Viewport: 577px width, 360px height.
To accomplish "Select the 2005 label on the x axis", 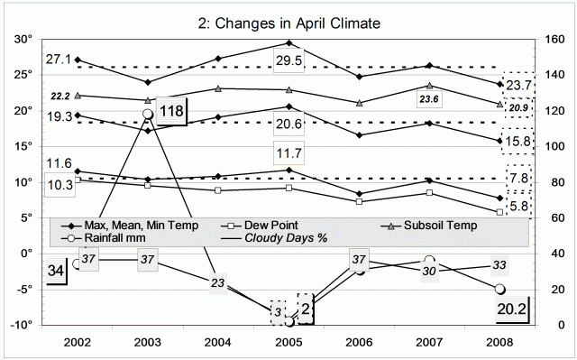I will click(288, 344).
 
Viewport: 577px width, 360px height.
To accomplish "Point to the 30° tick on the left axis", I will click(20, 40).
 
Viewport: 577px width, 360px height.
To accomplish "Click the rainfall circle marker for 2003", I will click(147, 114).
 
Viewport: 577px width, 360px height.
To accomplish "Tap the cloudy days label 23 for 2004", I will click(217, 283).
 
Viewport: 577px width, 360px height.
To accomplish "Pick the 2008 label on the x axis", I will click(500, 344).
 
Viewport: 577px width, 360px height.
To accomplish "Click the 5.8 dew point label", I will click(520, 207).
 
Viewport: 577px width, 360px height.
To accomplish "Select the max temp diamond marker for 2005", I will click(288, 42).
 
